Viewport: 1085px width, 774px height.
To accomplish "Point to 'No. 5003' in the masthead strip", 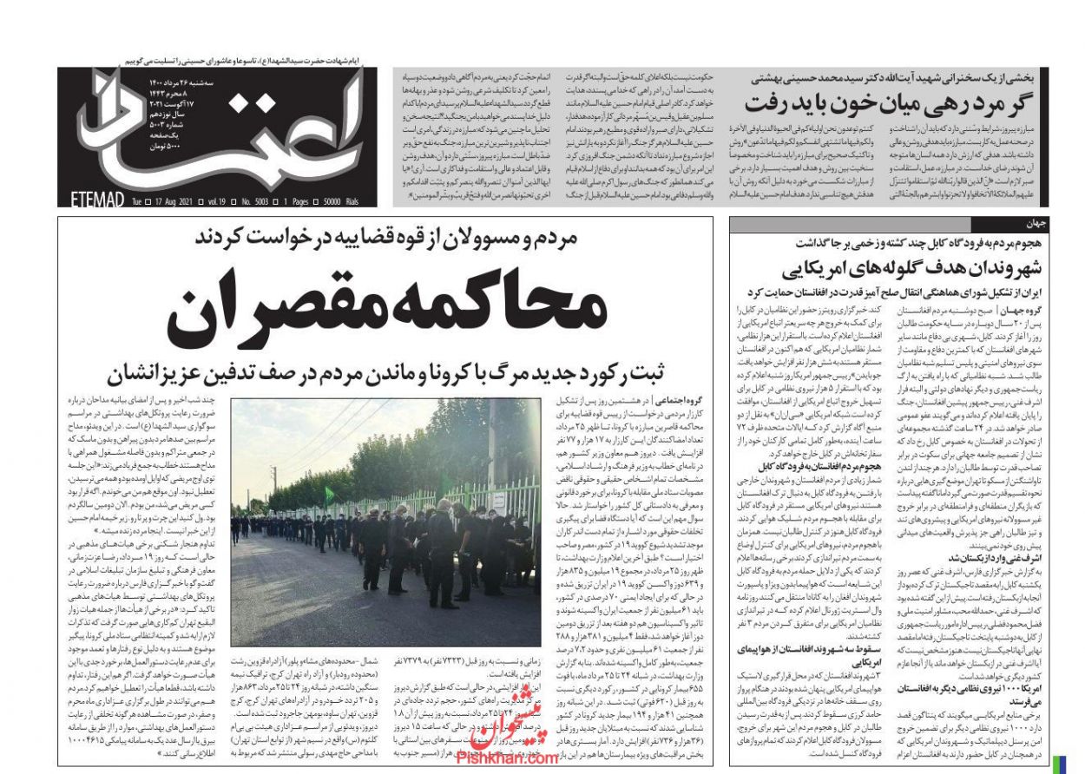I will pos(253,200).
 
